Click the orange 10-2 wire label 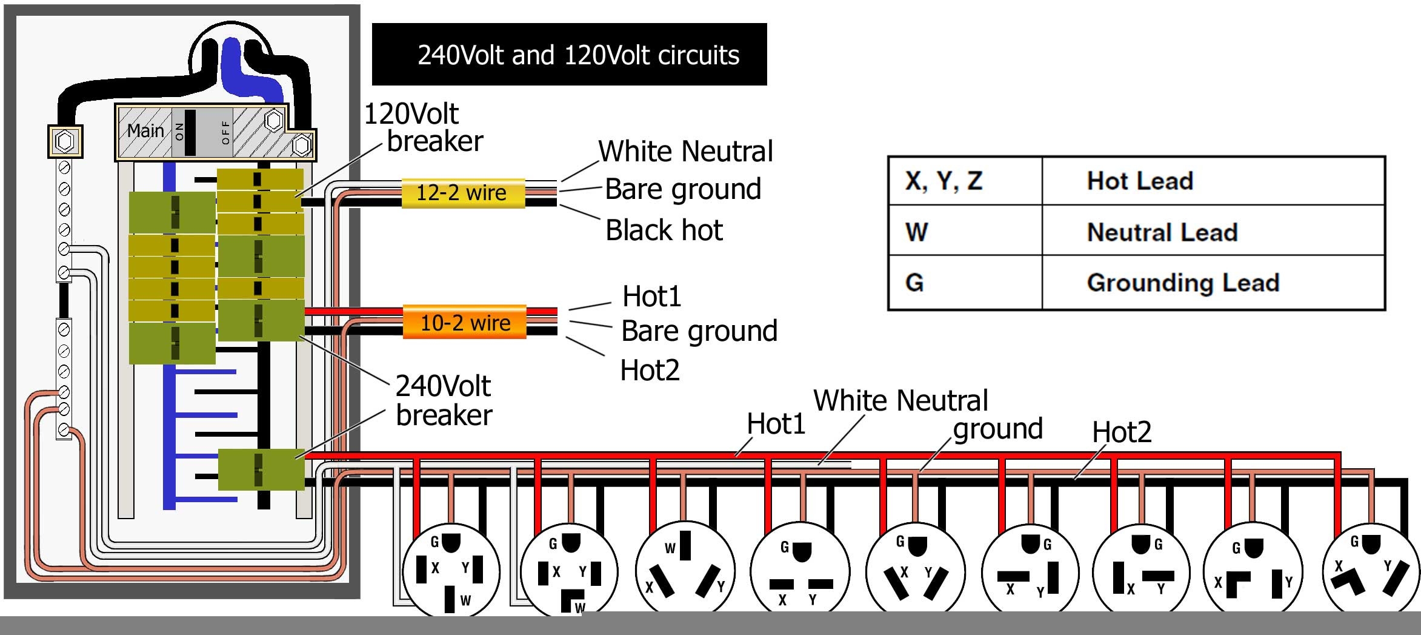[465, 322]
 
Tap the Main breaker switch [190, 132]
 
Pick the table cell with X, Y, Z [943, 181]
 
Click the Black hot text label [664, 230]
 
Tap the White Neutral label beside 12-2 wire [685, 152]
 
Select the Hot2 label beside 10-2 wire [650, 370]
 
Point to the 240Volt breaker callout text [444, 400]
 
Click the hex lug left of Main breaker [65, 141]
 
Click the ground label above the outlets [997, 429]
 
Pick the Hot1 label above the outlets [776, 424]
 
